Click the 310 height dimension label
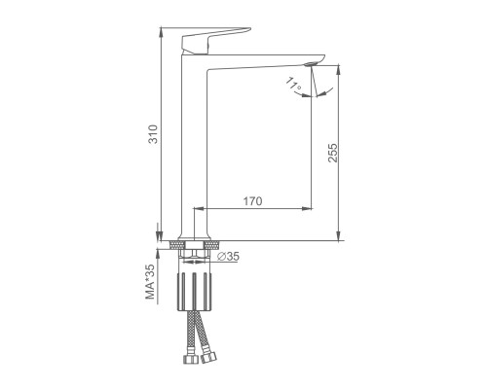point(153,134)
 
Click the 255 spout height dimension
point(333,153)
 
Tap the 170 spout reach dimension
point(253,201)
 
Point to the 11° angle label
point(293,84)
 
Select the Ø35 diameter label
point(228,257)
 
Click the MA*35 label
point(150,281)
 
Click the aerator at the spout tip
point(311,64)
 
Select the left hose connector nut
point(190,359)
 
